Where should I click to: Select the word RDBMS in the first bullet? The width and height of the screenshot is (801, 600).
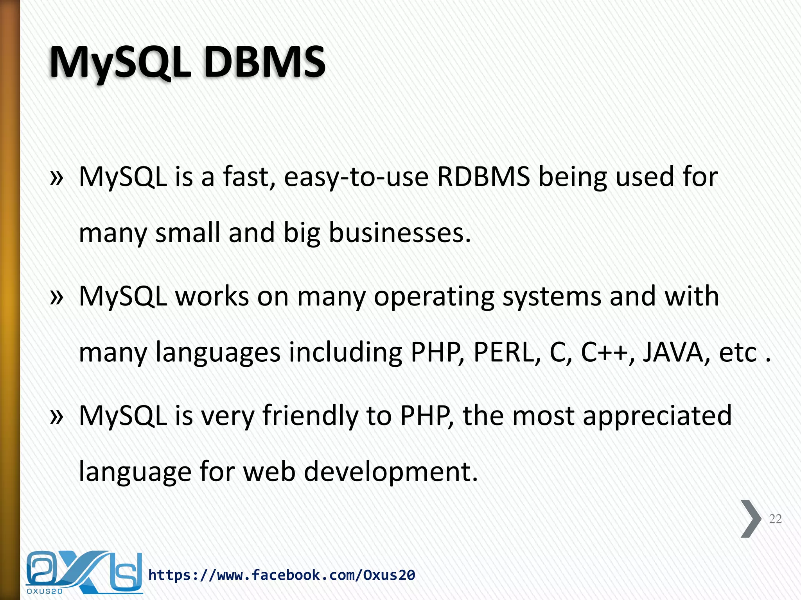pyautogui.click(x=483, y=177)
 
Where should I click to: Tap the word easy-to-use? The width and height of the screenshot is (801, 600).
pyautogui.click(x=356, y=177)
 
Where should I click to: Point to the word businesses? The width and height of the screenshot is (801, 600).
pyautogui.click(x=400, y=233)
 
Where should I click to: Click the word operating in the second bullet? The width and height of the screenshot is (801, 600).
pyautogui.click(x=434, y=297)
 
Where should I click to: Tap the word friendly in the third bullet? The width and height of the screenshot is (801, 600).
pyautogui.click(x=310, y=416)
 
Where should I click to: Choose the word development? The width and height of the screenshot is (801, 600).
pyautogui.click(x=391, y=472)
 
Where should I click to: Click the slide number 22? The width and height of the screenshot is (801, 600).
pyautogui.click(x=775, y=519)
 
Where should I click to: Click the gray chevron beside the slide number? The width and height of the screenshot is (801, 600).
pyautogui.click(x=751, y=519)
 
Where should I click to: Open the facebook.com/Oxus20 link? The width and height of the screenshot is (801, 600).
pyautogui.click(x=282, y=575)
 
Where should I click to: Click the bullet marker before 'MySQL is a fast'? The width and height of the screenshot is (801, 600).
pyautogui.click(x=57, y=178)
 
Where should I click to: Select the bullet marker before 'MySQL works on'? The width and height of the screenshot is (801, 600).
pyautogui.click(x=57, y=298)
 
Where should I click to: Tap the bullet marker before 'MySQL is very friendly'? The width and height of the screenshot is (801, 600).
pyautogui.click(x=57, y=417)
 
